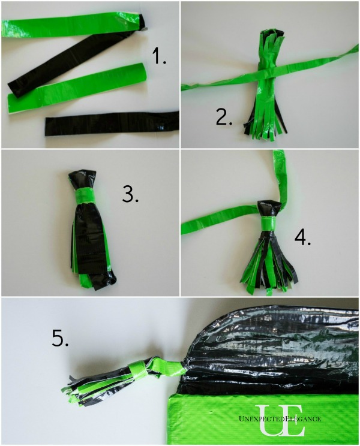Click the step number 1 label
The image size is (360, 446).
159,56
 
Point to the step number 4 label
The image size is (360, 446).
302,237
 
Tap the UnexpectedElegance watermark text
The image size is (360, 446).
280,418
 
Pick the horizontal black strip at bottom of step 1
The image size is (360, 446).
112,123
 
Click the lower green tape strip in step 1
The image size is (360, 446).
77,88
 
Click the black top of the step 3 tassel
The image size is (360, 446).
83,178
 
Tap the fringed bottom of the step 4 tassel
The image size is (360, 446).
269,273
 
